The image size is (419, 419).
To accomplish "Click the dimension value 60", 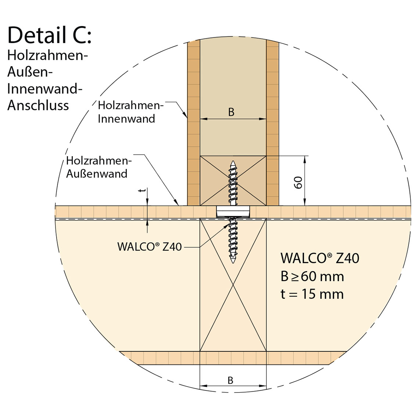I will click(x=298, y=182).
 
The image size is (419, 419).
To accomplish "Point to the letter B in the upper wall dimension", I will click(x=231, y=112).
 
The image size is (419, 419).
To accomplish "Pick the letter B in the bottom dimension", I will click(x=230, y=380).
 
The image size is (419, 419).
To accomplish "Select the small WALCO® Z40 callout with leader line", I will click(x=150, y=247).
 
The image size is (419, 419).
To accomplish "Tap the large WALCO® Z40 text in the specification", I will click(x=319, y=258).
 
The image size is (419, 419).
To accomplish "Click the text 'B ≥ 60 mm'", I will click(x=312, y=276).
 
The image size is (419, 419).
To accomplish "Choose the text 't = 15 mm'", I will click(x=312, y=294).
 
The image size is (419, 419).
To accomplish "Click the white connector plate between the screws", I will click(x=233, y=211).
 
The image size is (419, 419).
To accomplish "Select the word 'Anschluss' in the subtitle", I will click(x=38, y=105).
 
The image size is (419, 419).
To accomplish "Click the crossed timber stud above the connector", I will click(x=217, y=180).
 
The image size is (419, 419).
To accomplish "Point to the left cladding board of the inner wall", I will click(x=194, y=121).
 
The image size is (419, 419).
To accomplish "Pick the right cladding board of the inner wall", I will click(x=272, y=121).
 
